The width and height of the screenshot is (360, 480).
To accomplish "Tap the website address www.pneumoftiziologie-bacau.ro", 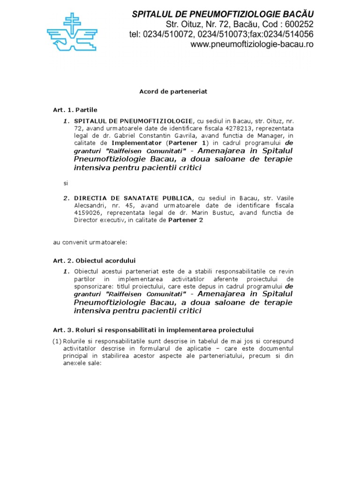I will [252, 45].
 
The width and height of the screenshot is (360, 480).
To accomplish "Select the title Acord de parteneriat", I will [173, 91].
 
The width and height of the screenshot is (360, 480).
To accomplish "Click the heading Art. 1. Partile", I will [75, 110].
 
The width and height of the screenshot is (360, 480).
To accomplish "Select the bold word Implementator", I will [136, 142].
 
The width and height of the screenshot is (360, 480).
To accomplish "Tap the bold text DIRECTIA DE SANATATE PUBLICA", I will [133, 197].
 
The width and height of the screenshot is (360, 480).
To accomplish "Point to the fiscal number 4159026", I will [85, 212].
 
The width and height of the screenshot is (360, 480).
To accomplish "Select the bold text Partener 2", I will [186, 220].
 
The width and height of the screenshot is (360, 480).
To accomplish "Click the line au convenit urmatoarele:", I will [90, 242].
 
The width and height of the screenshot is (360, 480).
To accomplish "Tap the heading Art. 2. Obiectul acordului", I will [94, 260].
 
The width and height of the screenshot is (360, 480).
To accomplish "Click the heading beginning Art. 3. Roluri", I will [153, 330].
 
